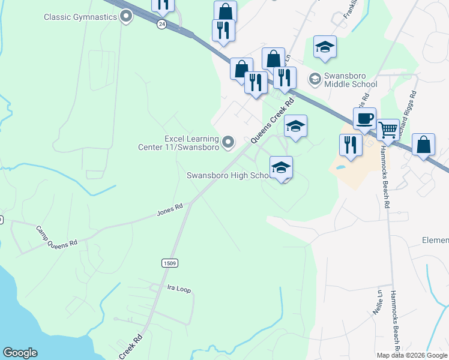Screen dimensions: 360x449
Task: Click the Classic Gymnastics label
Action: pos(80,17)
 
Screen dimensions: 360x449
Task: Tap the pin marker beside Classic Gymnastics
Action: pos(126,17)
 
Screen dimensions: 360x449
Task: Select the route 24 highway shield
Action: pos(161,23)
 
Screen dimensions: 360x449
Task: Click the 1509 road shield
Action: pos(169,263)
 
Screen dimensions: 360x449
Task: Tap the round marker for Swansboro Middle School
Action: pos(314,79)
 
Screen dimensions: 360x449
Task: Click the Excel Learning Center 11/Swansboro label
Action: pos(185,143)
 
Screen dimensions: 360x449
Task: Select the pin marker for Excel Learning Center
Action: pos(228,142)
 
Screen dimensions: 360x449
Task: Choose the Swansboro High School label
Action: pos(227,176)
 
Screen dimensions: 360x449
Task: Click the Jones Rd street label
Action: pos(169,209)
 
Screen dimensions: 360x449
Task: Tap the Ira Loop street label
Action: pos(178,289)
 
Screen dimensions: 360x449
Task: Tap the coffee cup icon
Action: pos(364,118)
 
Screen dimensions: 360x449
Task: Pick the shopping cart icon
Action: pos(388,129)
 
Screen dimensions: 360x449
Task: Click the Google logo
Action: pos(20,353)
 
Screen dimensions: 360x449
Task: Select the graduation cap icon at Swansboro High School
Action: pos(280,168)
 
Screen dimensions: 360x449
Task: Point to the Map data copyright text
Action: pos(412,355)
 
